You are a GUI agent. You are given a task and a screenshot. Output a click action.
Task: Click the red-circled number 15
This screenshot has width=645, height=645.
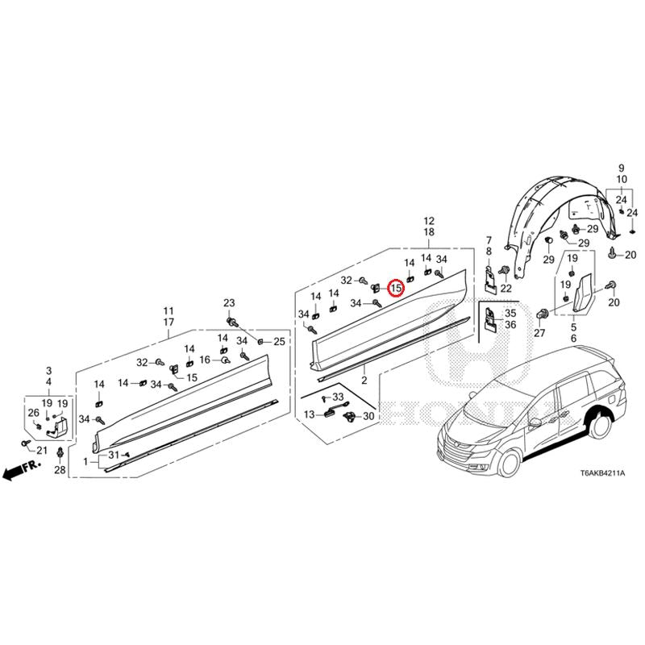point(396,288)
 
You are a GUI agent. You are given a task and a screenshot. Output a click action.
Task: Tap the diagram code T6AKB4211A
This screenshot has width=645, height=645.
point(602,473)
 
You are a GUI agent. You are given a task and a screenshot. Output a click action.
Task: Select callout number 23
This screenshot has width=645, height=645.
point(229,303)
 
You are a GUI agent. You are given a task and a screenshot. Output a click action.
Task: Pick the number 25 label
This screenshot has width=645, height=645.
point(279,341)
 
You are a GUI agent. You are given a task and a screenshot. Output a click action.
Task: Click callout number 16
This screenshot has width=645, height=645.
point(205,360)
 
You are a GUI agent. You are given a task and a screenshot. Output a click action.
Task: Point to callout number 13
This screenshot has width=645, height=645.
point(310,414)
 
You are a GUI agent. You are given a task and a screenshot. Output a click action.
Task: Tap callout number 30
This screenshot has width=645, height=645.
point(368,416)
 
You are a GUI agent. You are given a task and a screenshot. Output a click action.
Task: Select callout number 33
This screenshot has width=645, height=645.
point(338,397)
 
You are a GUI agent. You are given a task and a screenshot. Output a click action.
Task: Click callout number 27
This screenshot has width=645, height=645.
point(539,333)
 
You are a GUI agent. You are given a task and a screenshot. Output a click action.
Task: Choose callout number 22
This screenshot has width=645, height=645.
point(506,289)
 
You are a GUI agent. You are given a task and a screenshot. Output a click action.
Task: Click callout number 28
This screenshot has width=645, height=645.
point(60,470)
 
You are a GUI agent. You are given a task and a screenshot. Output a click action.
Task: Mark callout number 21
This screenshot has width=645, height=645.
point(42,451)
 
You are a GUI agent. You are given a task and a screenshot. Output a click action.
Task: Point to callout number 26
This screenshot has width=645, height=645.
point(34,413)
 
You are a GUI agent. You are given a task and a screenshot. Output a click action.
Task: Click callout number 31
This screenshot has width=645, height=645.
point(114,455)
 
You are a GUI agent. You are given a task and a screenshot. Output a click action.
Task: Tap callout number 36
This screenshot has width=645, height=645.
point(510,325)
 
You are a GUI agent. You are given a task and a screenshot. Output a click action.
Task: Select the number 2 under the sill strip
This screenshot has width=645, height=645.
point(364,381)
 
